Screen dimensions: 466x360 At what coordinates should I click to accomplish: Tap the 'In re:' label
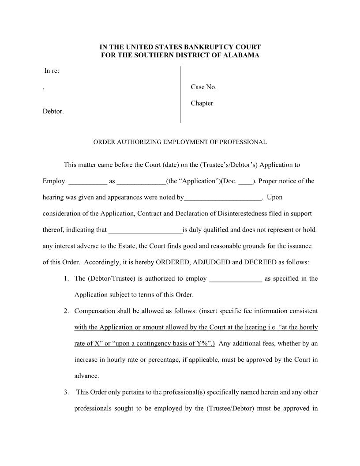click(52, 71)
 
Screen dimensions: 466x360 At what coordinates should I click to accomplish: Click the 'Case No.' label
click(203, 87)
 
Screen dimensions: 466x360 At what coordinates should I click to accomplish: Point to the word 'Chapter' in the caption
click(202, 103)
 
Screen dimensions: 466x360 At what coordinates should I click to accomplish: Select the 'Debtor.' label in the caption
click(53, 111)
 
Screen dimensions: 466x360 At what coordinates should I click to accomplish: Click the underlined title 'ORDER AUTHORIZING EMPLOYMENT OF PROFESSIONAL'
click(180, 142)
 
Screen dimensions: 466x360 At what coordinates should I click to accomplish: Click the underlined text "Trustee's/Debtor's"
click(229, 165)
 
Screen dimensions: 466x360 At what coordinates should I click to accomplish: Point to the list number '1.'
click(66, 278)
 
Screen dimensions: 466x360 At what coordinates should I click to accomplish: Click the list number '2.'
click(66, 311)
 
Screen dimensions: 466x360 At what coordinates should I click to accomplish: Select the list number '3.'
click(66, 392)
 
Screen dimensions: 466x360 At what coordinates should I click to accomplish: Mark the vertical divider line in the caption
click(180, 94)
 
